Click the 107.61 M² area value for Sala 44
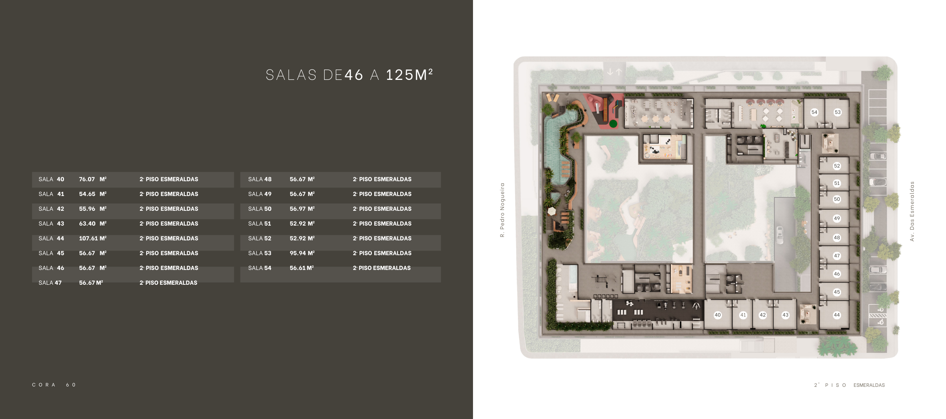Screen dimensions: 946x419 tap(93, 239)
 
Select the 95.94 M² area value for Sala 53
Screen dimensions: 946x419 tap(302, 253)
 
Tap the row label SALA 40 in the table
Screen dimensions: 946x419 tap(51, 179)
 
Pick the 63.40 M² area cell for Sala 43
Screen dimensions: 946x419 tap(93, 224)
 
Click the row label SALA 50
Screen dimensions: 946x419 tap(260, 209)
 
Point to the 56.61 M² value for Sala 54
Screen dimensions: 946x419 tap(302, 268)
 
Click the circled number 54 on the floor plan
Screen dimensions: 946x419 tap(814, 112)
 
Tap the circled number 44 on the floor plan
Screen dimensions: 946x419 tap(837, 315)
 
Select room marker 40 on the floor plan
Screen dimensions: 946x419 tap(718, 315)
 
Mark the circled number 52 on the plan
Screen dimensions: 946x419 tap(837, 166)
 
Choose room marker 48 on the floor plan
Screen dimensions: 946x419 tap(837, 238)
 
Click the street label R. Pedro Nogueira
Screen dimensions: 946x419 tap(502, 210)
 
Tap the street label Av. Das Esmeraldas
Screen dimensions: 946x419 tap(912, 211)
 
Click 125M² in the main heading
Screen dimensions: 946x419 tap(409, 75)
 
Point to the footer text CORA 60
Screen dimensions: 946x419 tap(54, 385)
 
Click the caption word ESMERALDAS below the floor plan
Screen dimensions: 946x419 tap(869, 385)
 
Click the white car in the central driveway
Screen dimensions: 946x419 tap(779, 235)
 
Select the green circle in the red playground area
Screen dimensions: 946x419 tap(613, 124)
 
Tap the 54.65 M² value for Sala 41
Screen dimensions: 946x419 tap(93, 194)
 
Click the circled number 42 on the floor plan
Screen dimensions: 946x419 tap(763, 315)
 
